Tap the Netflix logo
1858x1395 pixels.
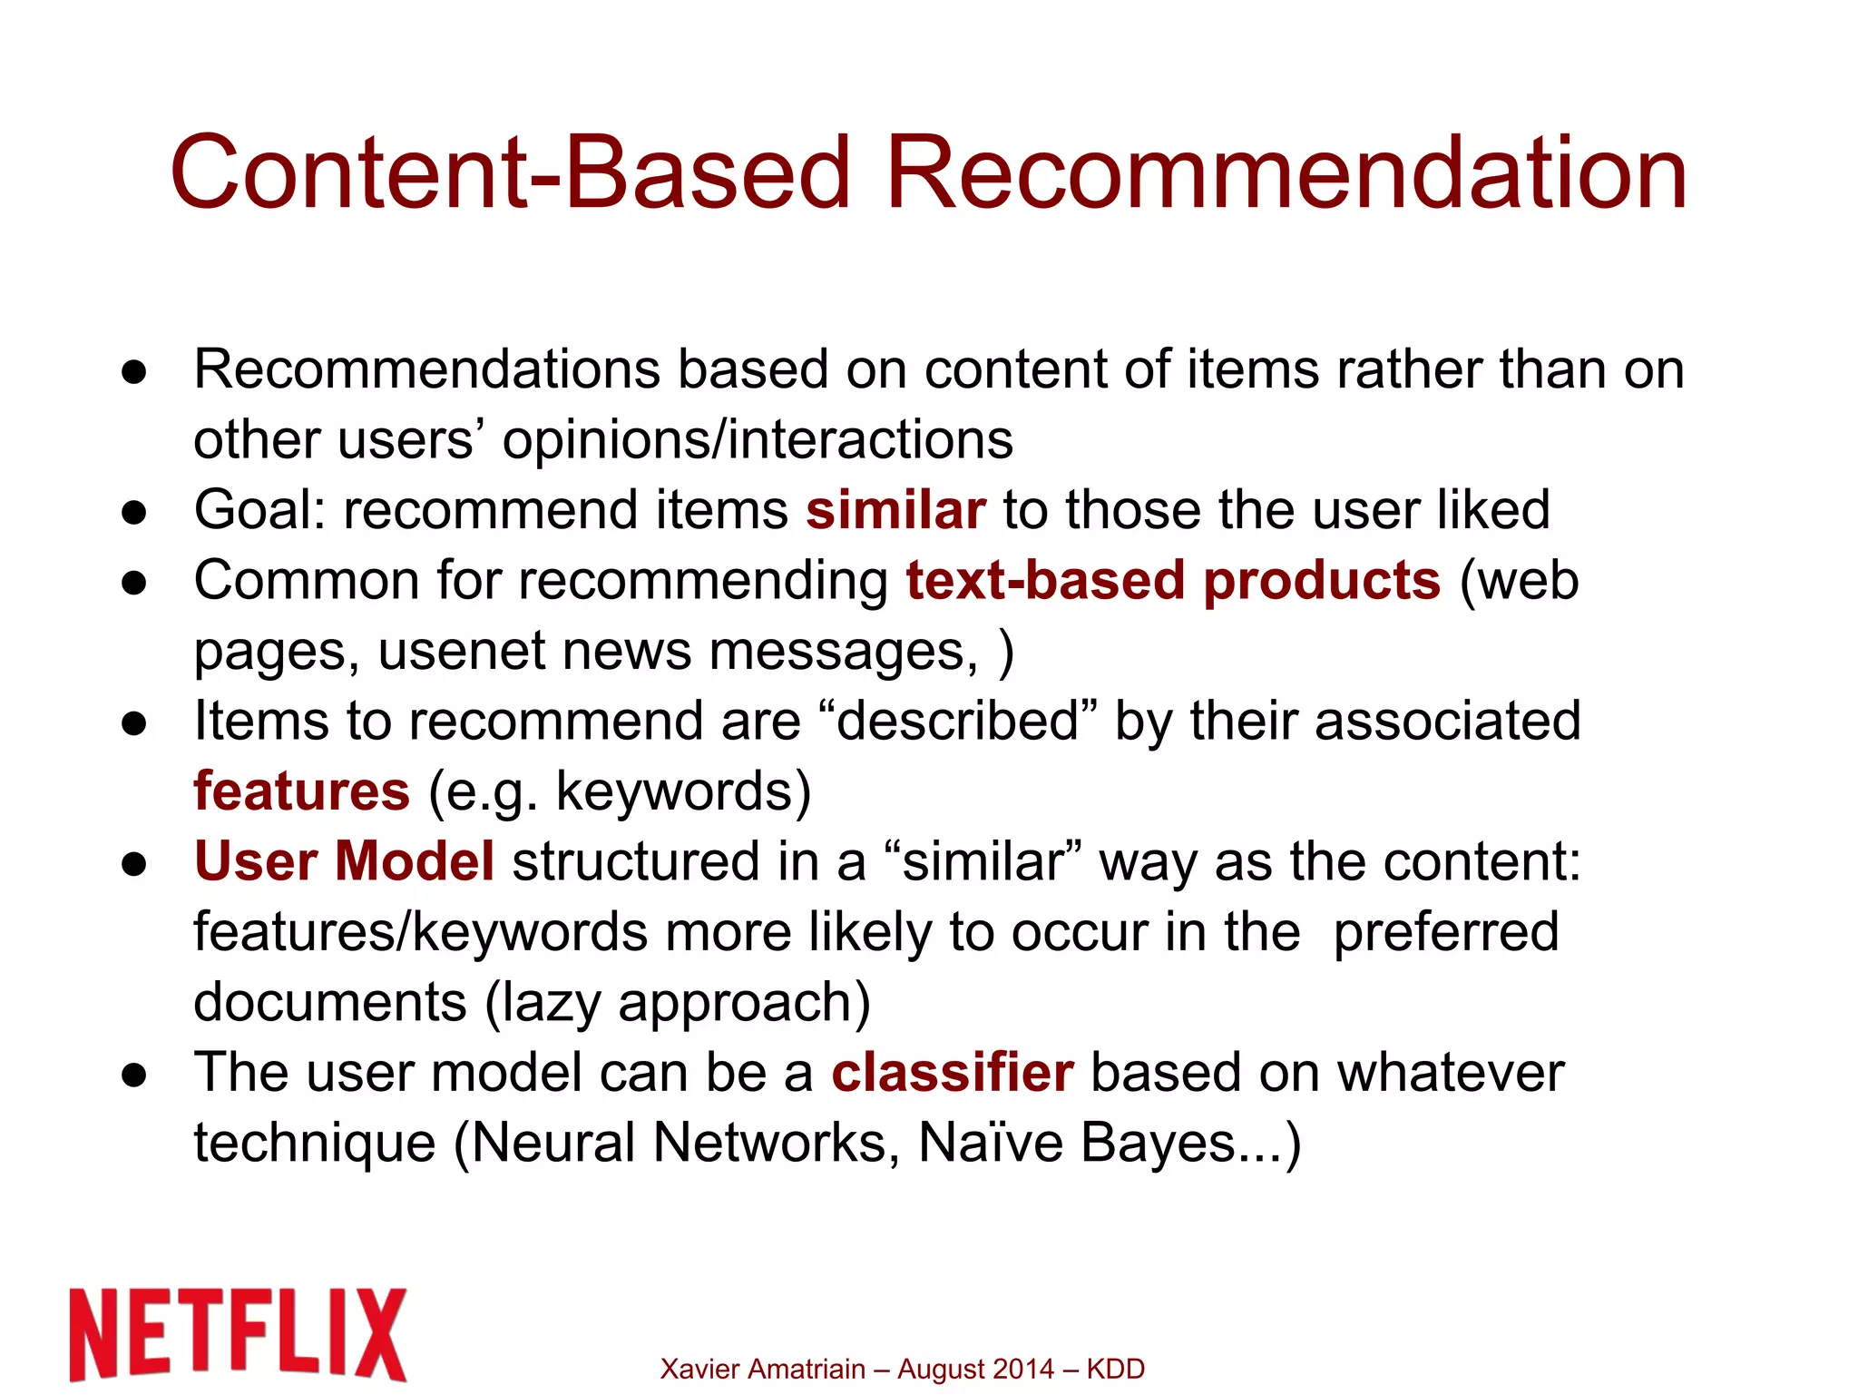coord(238,1333)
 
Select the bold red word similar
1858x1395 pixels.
coord(895,510)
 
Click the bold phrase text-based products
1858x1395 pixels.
coord(1173,581)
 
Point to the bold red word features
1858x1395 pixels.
coord(301,791)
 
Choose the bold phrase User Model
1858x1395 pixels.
coord(345,861)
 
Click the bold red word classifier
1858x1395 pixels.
coord(953,1073)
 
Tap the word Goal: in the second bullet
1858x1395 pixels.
coord(259,510)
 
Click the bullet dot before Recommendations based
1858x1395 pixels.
coord(134,372)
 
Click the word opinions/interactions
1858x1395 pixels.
coord(758,441)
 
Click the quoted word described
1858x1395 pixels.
coord(957,722)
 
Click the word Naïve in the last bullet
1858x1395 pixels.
coord(990,1143)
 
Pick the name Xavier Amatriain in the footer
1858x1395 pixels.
coord(762,1369)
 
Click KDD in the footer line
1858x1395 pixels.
coord(1115,1369)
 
